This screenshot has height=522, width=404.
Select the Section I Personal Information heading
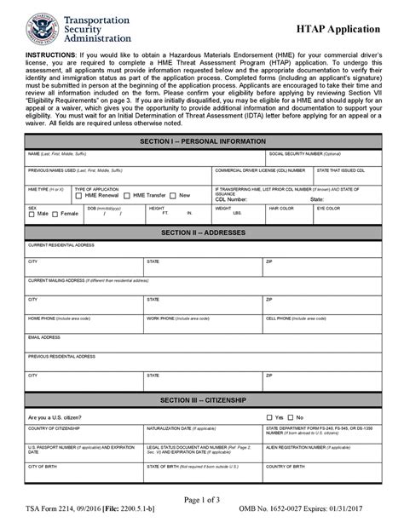(202, 141)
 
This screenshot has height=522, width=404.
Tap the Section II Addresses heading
(202, 232)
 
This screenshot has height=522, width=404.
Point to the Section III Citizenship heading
(202, 400)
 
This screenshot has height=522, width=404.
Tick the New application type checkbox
(174, 196)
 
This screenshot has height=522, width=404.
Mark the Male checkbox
(32, 215)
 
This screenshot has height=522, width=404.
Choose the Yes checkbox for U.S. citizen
(269, 417)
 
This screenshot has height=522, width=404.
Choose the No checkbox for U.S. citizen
(291, 417)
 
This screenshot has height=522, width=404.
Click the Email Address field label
(44, 336)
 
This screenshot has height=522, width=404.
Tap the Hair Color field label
(280, 208)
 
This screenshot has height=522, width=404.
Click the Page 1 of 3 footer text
(202, 498)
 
